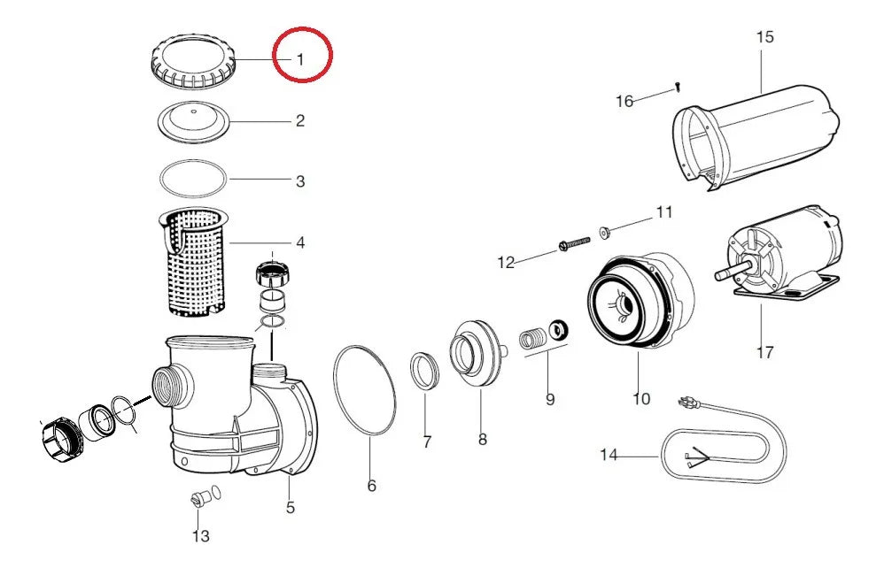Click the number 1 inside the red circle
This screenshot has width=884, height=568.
coord(300,59)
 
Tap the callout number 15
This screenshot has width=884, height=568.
coord(764,37)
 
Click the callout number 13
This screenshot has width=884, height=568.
coord(201,536)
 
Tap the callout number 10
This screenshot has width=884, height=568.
coord(641,399)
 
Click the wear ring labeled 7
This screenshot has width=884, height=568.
coord(424,371)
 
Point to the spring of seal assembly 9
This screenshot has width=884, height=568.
coord(532,339)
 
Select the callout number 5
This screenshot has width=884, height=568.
coord(291,507)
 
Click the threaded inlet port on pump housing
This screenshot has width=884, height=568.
coord(173,388)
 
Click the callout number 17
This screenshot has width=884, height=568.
coord(765,353)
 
